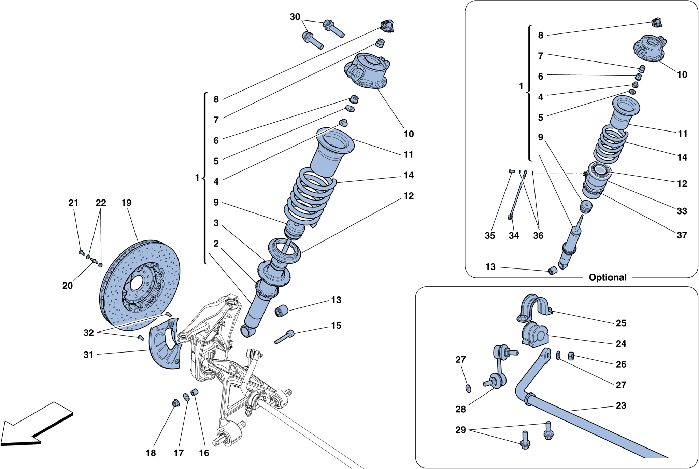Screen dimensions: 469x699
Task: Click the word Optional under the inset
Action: pos(607,277)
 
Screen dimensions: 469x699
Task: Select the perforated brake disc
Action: pos(140,285)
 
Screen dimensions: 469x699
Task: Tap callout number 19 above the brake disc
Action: pos(126,203)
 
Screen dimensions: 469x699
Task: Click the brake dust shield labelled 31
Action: pos(164,345)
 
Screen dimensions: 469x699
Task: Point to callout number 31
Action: pos(88,355)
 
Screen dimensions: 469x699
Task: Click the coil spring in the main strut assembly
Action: pos(309,196)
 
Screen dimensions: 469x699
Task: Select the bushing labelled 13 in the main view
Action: pos(281,311)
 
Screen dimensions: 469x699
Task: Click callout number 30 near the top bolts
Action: pos(295,17)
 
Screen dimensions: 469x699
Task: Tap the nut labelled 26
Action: pos(571,356)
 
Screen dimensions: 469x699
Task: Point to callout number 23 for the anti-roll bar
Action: pos(621,405)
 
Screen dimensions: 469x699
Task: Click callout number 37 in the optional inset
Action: pos(682,235)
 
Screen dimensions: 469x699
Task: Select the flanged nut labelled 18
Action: pos(175,403)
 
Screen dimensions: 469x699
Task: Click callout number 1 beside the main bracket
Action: pos(197,178)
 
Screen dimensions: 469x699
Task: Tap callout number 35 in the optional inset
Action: pos(489,235)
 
